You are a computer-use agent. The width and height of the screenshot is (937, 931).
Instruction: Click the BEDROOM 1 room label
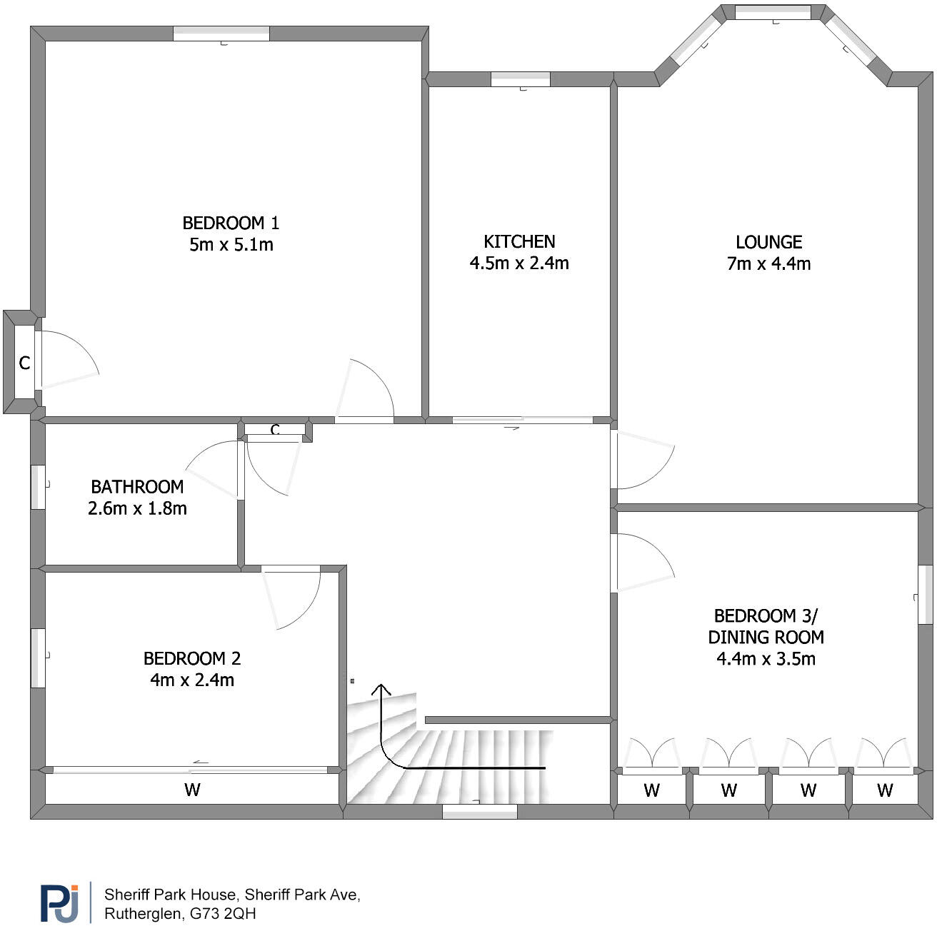click(x=231, y=223)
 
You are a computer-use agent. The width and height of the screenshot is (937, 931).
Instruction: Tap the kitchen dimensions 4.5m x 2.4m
click(x=519, y=263)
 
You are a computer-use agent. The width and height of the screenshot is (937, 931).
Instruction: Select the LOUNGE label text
click(x=769, y=242)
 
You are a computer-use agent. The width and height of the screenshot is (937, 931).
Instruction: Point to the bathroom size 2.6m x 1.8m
click(x=137, y=509)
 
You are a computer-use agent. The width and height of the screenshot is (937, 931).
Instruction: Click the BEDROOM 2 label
click(x=192, y=658)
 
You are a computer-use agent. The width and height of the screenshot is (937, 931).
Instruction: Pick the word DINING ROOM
click(x=766, y=637)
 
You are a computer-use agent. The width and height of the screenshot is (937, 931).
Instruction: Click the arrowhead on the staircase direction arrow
click(x=381, y=689)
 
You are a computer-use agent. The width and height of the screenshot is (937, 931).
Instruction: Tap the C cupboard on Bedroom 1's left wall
click(x=24, y=363)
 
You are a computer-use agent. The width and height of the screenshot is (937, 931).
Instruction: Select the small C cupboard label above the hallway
click(x=275, y=430)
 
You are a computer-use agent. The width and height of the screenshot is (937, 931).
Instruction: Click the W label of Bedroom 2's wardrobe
click(x=192, y=790)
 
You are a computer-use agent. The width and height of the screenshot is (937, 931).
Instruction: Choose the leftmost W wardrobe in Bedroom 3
click(x=651, y=790)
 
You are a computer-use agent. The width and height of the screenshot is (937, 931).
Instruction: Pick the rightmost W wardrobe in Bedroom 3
click(x=885, y=790)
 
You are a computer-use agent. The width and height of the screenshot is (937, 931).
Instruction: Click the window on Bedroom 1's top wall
click(x=221, y=34)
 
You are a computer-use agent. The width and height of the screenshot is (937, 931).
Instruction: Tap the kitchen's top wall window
click(x=521, y=79)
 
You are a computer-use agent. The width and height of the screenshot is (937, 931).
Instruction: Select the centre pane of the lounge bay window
click(x=773, y=12)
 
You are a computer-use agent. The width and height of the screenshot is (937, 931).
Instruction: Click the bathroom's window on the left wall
click(x=38, y=487)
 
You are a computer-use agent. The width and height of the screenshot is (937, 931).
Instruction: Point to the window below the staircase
click(x=479, y=811)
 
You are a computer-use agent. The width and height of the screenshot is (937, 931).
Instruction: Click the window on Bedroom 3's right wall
click(x=926, y=595)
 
